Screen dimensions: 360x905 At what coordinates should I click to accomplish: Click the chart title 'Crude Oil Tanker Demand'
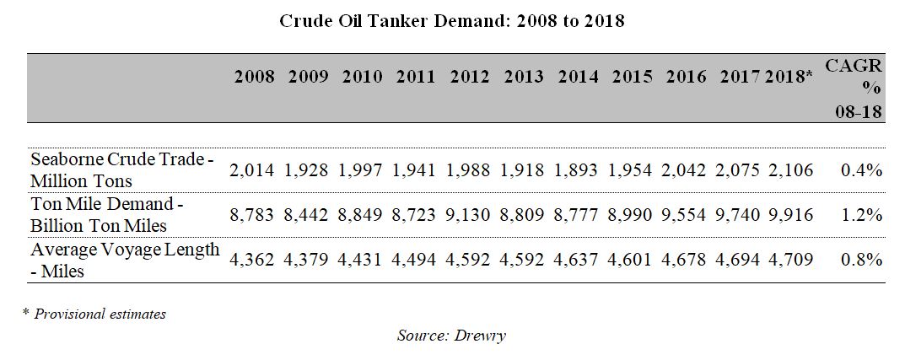(452, 21)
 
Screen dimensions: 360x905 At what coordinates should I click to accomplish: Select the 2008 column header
(254, 77)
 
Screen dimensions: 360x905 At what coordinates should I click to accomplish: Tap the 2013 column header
(524, 77)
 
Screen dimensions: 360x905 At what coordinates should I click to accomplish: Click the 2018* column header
(789, 77)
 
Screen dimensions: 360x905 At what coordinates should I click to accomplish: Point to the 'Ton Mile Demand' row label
(107, 215)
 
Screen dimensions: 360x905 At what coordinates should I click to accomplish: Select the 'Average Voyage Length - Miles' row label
(125, 260)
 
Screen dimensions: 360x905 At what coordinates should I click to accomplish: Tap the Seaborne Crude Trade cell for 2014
(578, 170)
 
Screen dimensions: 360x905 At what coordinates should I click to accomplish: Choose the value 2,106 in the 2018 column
(791, 170)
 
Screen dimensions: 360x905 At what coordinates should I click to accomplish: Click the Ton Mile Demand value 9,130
(470, 215)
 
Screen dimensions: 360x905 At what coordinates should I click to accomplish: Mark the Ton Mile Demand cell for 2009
(308, 215)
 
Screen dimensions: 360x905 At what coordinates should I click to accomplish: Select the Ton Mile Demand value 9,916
(791, 215)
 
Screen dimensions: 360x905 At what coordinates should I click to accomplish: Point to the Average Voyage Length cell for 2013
(524, 260)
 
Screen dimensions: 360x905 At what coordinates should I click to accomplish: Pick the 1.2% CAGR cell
(861, 215)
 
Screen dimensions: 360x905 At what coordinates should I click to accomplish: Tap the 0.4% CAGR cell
(861, 170)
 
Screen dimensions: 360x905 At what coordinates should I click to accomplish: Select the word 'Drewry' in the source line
(481, 336)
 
